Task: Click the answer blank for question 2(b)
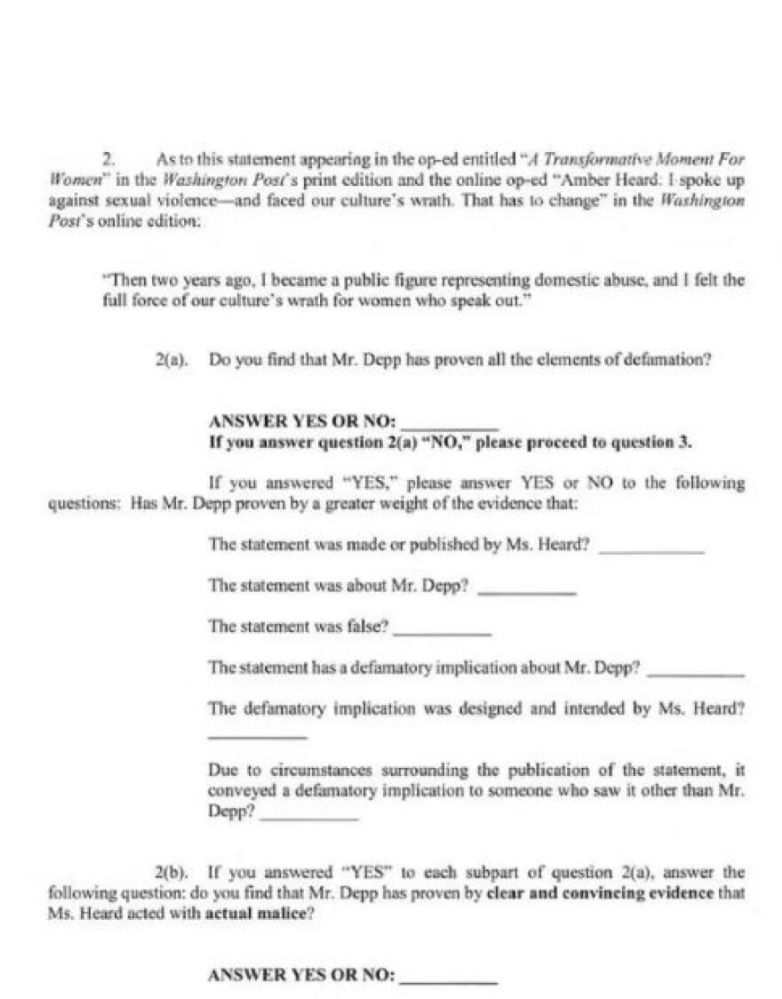[x=449, y=977]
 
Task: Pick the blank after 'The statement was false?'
[x=442, y=629]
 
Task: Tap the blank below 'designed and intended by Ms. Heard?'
[x=257, y=735]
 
